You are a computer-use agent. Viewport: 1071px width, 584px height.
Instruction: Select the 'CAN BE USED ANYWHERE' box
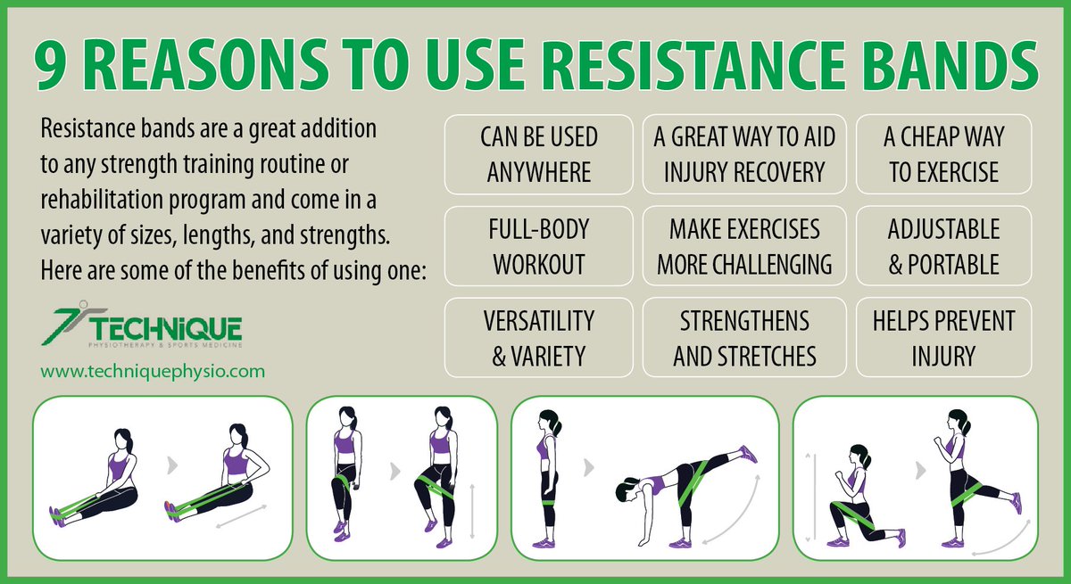pos(538,154)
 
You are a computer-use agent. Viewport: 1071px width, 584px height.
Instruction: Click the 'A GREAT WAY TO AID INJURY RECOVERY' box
pos(743,154)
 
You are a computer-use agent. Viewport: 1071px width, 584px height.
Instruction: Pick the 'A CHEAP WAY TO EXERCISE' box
pos(943,154)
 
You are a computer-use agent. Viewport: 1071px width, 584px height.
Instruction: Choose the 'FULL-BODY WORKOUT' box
pos(538,246)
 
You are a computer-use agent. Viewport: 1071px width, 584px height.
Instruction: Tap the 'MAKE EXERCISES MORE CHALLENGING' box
pos(743,246)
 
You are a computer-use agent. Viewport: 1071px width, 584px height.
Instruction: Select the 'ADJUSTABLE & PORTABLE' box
pos(943,246)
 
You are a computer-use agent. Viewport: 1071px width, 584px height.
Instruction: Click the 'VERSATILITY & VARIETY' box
pos(538,337)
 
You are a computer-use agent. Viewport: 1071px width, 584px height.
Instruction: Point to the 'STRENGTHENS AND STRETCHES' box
pos(743,337)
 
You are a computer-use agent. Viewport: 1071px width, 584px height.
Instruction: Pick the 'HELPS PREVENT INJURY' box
pos(943,337)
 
